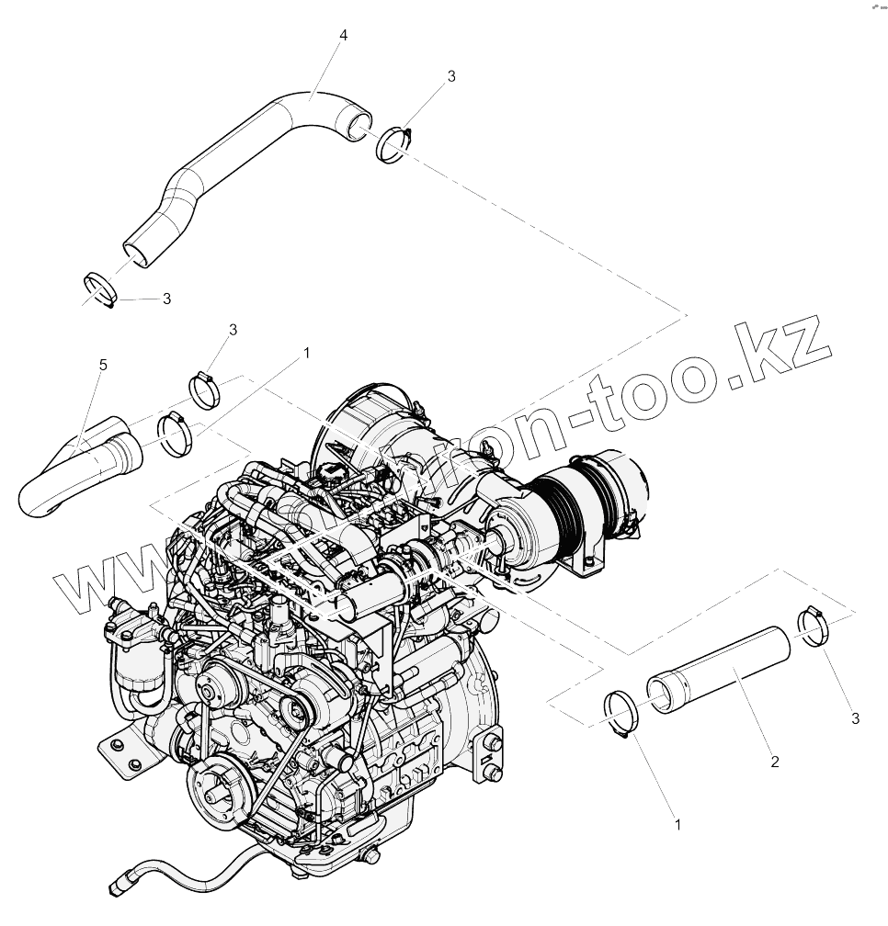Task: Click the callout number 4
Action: [343, 35]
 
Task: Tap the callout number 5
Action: [103, 366]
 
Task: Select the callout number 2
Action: [775, 762]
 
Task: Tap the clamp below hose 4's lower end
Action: [99, 288]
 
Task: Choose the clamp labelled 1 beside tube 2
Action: [622, 714]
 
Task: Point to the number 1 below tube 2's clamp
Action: [677, 825]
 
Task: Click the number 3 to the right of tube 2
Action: [855, 717]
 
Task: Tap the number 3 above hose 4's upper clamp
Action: [450, 76]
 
